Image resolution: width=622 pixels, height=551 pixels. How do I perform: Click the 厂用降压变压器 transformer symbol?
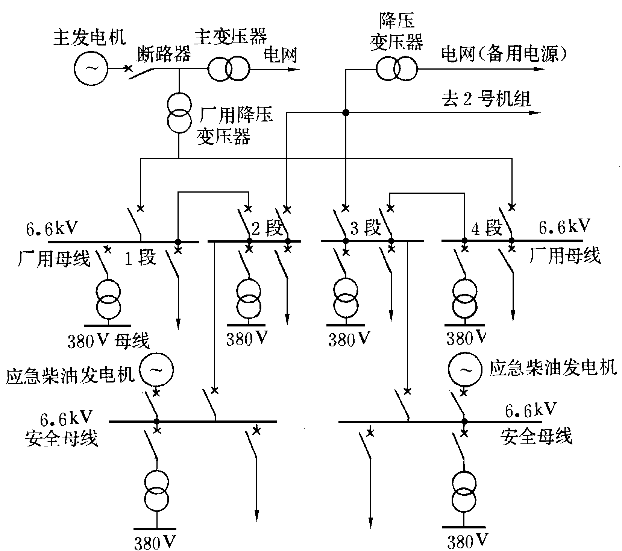pyautogui.click(x=179, y=112)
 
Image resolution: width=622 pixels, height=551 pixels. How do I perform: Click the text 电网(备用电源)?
pyautogui.click(x=504, y=55)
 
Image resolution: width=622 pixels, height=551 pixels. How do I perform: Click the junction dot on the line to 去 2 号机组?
pyautogui.click(x=345, y=112)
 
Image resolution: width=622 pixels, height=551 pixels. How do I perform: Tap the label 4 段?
pyautogui.click(x=487, y=228)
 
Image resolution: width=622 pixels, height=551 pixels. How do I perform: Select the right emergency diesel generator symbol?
pyautogui.click(x=464, y=370)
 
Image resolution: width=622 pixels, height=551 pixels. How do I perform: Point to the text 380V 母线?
pyautogui.click(x=108, y=341)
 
